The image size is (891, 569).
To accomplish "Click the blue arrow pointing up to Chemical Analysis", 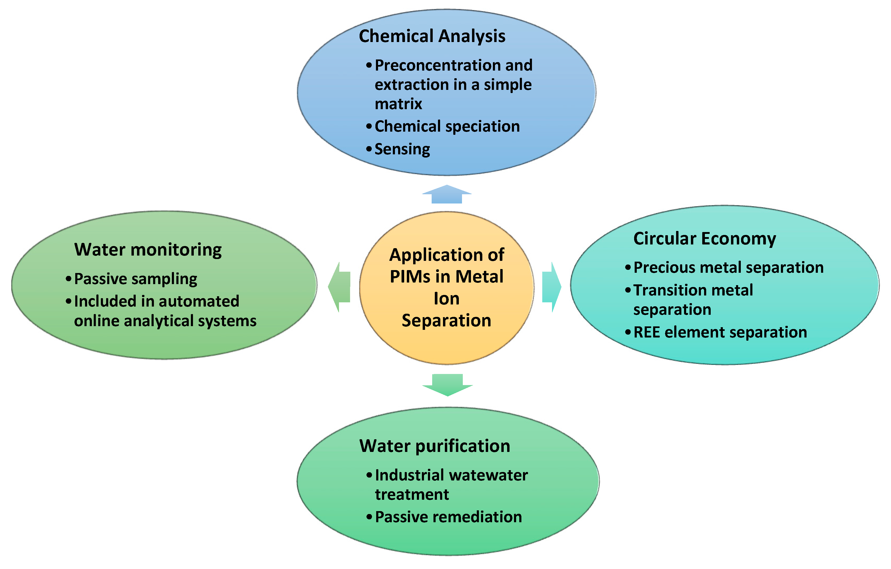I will pyautogui.click(x=447, y=195).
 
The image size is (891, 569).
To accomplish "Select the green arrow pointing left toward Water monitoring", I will pyautogui.click(x=340, y=287).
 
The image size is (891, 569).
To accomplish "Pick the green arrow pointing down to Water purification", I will pyautogui.click(x=447, y=385).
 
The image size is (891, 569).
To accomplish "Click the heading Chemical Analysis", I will pyautogui.click(x=432, y=36).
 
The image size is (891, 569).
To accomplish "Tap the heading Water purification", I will pyautogui.click(x=435, y=446).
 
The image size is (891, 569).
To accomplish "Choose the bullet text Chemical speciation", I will pyautogui.click(x=447, y=127).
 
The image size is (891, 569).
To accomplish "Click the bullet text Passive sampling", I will pyautogui.click(x=135, y=279).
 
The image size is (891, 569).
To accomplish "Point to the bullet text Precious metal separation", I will pyautogui.click(x=728, y=267).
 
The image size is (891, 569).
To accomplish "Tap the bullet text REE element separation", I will pyautogui.click(x=720, y=332).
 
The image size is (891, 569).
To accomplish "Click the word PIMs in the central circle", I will pyautogui.click(x=410, y=277).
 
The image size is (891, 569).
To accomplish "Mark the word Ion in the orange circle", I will pyautogui.click(x=447, y=299).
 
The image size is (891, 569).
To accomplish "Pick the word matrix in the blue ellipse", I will pyautogui.click(x=398, y=104).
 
